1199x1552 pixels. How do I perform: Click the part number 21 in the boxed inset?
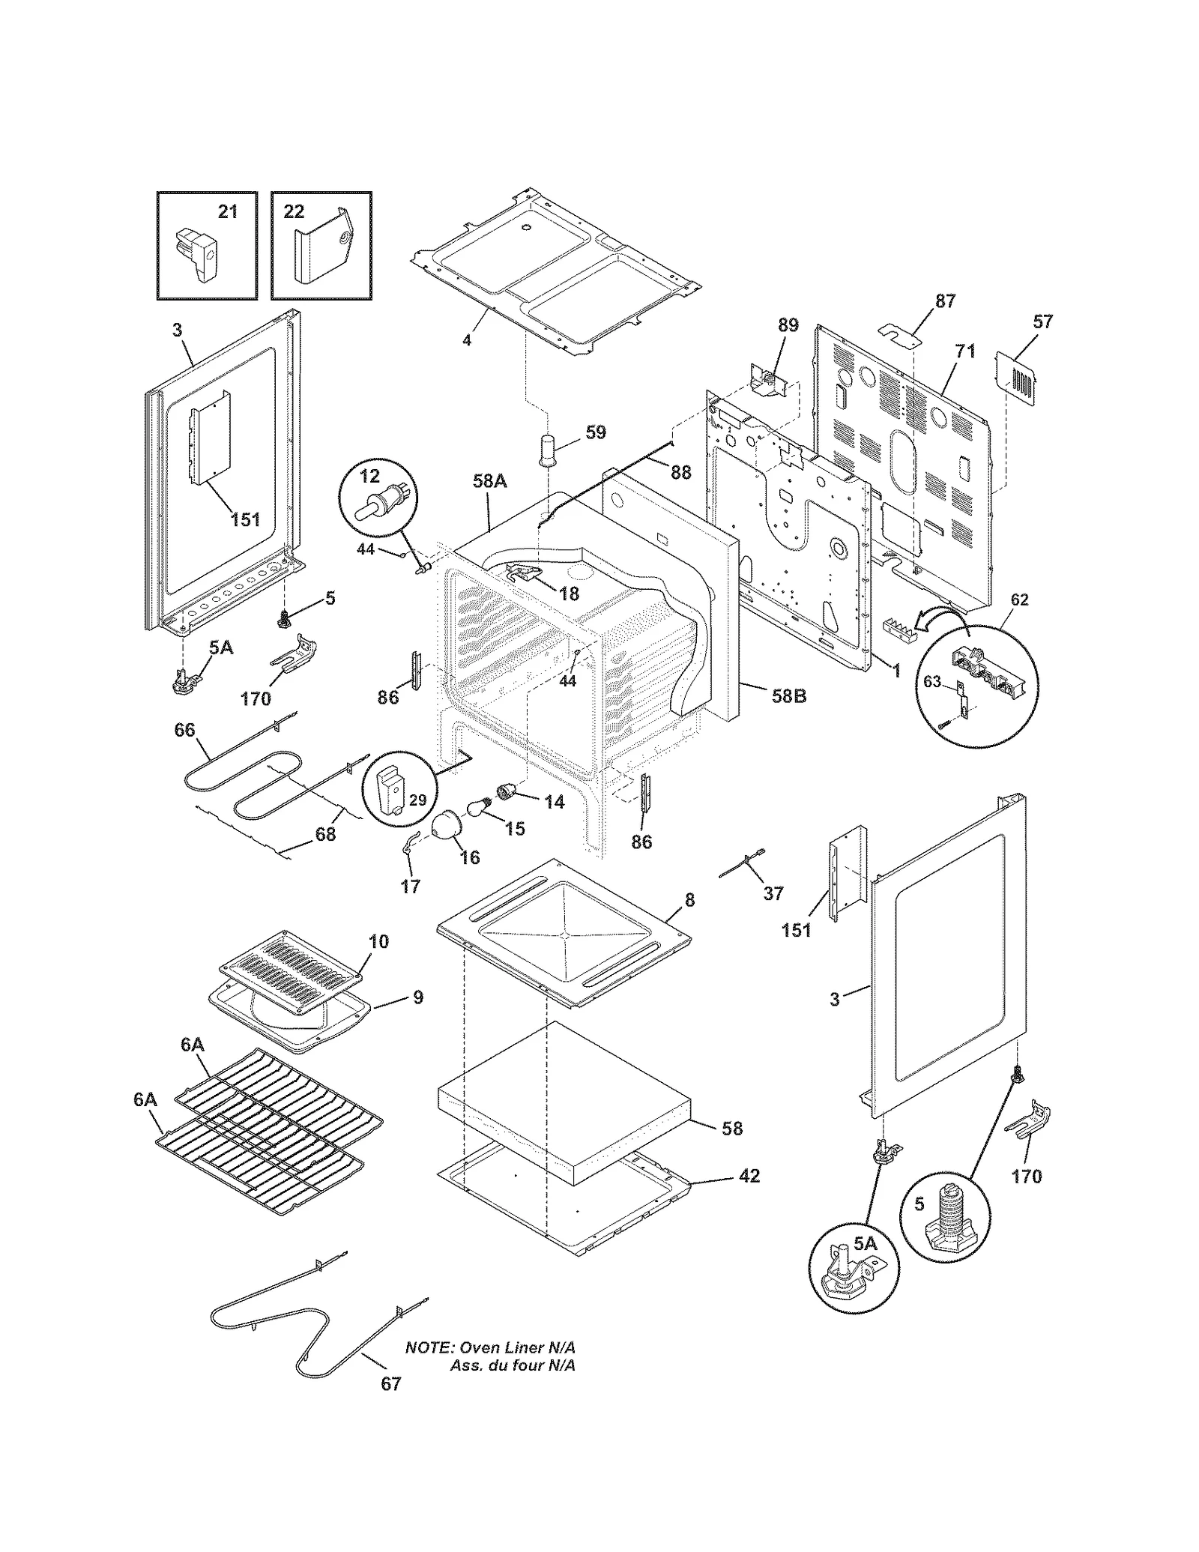click(228, 212)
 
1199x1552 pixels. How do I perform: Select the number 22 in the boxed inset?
click(294, 212)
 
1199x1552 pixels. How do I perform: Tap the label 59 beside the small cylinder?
click(596, 432)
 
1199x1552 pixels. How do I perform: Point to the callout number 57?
click(1042, 321)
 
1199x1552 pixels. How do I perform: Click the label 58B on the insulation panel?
click(789, 695)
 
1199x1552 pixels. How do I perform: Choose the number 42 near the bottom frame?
click(749, 1176)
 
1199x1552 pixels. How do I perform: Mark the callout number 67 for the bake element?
click(391, 1384)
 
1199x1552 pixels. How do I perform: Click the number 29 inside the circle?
click(417, 800)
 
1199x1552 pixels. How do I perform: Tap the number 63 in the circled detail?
click(931, 681)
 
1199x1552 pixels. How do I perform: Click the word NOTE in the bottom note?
click(429, 1347)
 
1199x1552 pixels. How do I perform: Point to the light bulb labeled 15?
click(477, 807)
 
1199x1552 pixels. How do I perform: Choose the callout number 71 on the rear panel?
click(965, 351)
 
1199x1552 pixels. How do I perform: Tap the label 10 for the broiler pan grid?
click(379, 941)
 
